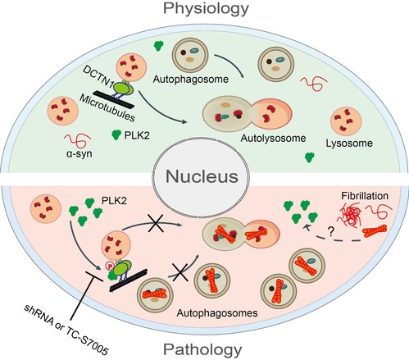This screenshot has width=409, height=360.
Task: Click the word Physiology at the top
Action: click(206, 9)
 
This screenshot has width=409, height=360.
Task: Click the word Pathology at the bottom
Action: click(202, 350)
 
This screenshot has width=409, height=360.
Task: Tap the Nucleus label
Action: click(202, 176)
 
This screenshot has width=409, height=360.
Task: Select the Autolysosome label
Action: click(273, 139)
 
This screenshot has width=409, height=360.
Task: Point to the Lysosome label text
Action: click(349, 144)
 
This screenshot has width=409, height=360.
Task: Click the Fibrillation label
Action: click(365, 196)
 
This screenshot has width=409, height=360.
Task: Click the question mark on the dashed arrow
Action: click(330, 232)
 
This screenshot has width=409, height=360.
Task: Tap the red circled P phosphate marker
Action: click(109, 265)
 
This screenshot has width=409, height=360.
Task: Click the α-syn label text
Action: click(80, 154)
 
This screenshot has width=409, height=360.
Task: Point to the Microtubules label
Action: click(107, 108)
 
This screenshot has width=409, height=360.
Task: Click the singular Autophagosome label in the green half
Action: click(191, 80)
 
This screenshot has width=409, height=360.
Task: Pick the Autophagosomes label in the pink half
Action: click(217, 312)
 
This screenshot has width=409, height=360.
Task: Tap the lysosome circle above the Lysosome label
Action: click(346, 121)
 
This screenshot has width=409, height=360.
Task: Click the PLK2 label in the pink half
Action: click(114, 201)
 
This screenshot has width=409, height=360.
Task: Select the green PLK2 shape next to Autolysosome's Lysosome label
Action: click(309, 157)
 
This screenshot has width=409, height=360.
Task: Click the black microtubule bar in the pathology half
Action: click(128, 280)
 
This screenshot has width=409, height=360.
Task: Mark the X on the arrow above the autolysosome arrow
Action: click(156, 223)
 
